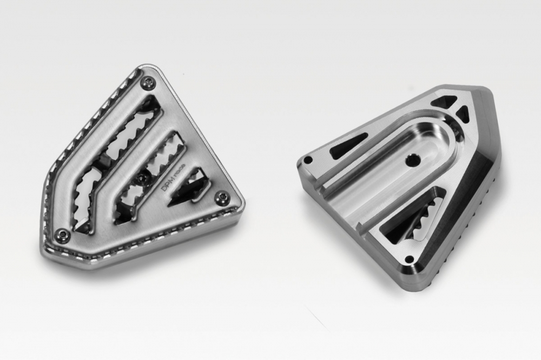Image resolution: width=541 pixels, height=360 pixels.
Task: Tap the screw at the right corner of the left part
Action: [x=221, y=197]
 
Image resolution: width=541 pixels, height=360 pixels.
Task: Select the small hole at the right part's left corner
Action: [x=308, y=161]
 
